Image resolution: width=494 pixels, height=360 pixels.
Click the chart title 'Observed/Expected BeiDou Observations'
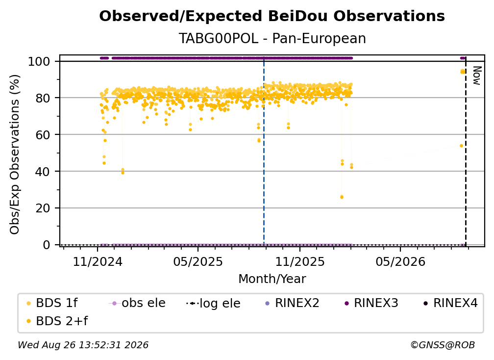coord(272,16)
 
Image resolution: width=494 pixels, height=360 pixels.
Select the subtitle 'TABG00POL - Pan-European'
coord(272,38)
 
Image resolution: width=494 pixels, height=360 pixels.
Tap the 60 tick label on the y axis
coord(43,134)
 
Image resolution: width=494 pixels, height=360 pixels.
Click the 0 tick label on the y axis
coord(47,245)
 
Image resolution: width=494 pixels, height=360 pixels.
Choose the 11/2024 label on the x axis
coord(98,261)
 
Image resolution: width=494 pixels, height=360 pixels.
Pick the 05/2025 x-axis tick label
coord(198,261)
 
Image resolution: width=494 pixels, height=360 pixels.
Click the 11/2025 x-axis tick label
coord(300,261)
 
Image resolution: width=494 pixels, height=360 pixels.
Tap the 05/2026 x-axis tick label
coord(400,261)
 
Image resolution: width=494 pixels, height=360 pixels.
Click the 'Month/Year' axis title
coord(272,279)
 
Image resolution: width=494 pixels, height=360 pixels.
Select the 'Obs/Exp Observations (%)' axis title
coord(15,154)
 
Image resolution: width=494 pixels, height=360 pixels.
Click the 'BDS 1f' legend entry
coord(51,303)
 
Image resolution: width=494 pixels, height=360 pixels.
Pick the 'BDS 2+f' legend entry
coord(57,321)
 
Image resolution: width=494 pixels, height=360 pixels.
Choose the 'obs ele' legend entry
coord(137,303)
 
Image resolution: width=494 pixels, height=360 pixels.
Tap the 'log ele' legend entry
coord(213,304)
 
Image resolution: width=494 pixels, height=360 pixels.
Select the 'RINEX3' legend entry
coord(371,303)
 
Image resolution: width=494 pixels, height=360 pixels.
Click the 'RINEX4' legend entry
coord(451,303)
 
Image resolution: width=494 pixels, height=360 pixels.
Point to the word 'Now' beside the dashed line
coord(477,76)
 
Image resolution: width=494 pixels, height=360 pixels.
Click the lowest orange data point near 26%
coord(342,197)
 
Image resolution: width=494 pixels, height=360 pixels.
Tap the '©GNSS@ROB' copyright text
coord(443,345)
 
